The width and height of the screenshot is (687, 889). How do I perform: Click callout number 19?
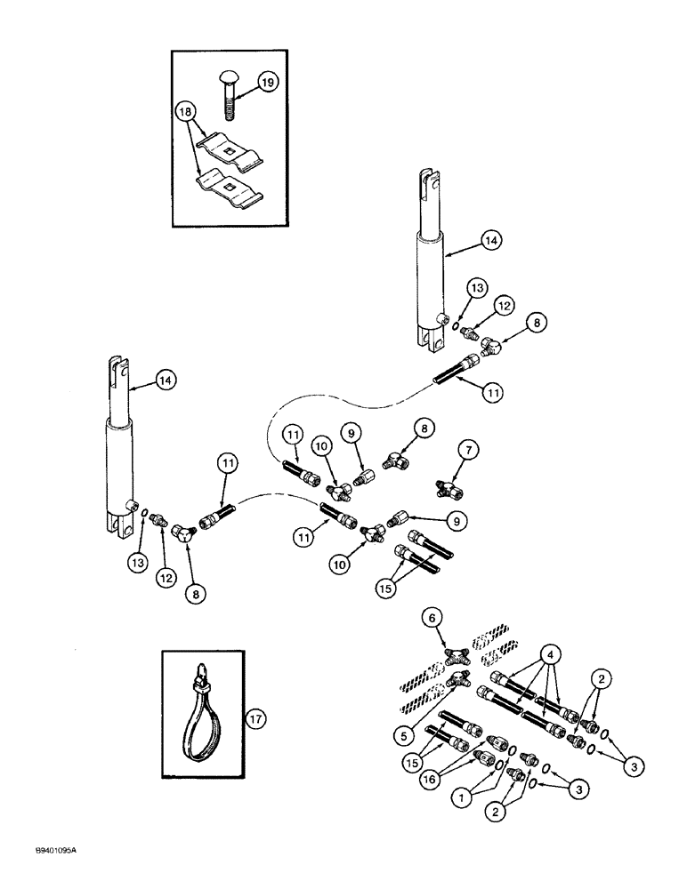(268, 82)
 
